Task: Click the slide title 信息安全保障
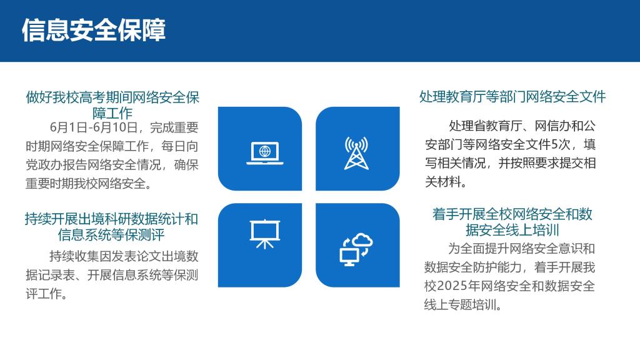point(94,30)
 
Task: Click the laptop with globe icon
point(265,153)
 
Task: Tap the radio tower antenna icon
point(356,153)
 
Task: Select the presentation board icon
point(265,234)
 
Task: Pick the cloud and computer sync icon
point(356,249)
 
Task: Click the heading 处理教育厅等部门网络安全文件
point(512,97)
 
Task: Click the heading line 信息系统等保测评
point(111,235)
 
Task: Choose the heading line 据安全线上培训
point(512,230)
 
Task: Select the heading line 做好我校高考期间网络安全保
point(112,97)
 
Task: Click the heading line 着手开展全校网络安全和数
point(512,214)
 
